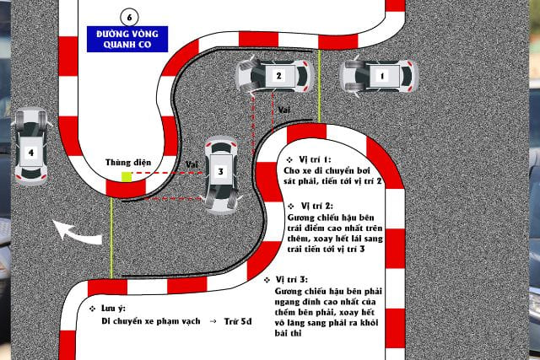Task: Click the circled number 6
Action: coord(129,17)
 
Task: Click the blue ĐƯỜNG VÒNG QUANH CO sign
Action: coord(127,40)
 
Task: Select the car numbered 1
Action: coord(379,76)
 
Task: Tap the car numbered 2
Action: coord(274,76)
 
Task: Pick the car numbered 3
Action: coord(221,175)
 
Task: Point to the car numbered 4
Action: coord(31,147)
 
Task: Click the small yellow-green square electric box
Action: coord(127,176)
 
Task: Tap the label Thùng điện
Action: coord(128,163)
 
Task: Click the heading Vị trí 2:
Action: coord(317,206)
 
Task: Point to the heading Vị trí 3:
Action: coord(292,279)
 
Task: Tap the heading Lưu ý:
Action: coord(113,309)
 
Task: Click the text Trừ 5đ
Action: coord(238,321)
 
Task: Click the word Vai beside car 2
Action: coord(284,110)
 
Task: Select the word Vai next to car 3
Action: coord(192,164)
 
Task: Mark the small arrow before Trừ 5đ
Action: coord(213,321)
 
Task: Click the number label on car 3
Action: coord(221,171)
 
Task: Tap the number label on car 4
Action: coord(31,153)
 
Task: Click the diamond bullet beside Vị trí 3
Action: coord(267,280)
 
